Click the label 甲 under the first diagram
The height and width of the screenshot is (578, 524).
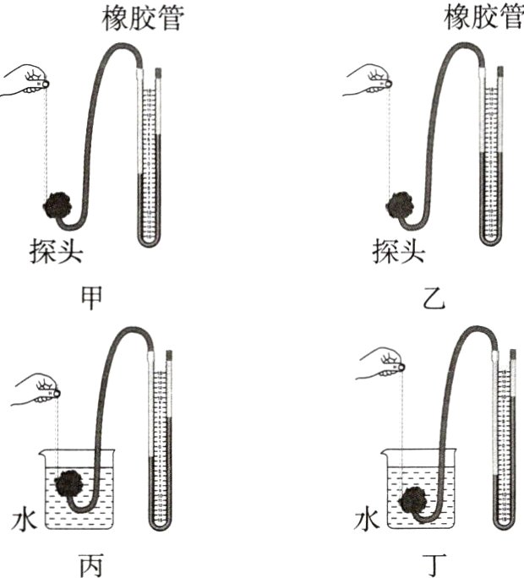click(90, 297)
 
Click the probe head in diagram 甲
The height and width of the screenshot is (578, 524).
click(57, 206)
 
